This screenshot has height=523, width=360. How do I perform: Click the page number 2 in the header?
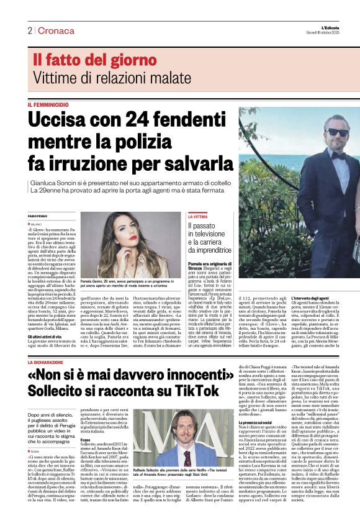(x=29, y=30)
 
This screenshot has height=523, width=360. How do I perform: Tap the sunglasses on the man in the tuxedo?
(x=338, y=132)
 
